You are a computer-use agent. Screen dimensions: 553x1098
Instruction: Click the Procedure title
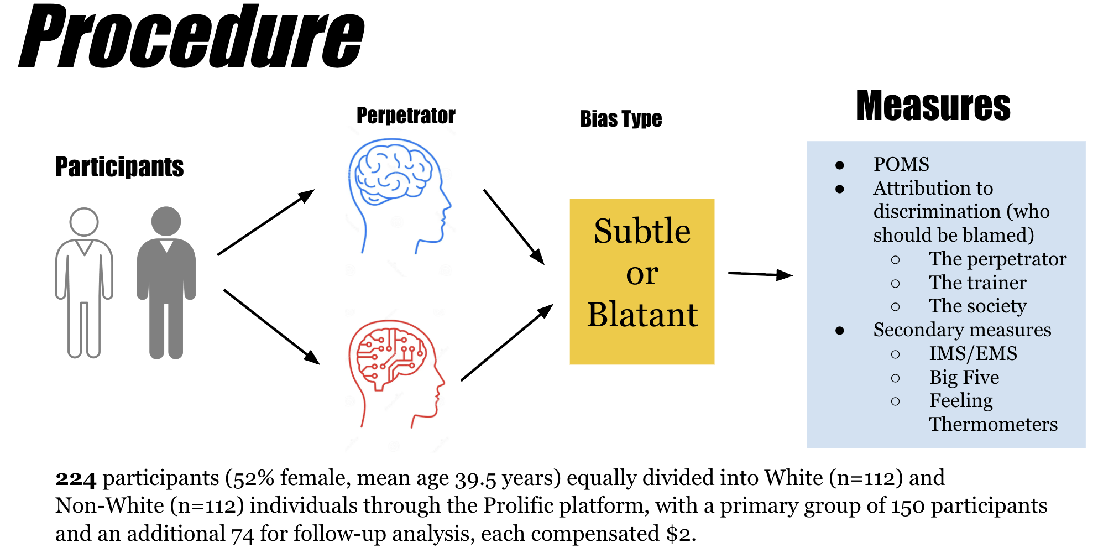pyautogui.click(x=192, y=37)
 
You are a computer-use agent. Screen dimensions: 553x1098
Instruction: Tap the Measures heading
pyautogui.click(x=933, y=106)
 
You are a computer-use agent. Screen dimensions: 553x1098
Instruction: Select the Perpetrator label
pyautogui.click(x=406, y=116)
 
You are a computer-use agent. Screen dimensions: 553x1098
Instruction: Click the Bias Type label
pyautogui.click(x=621, y=119)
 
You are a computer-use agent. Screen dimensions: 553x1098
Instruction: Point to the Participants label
pyautogui.click(x=119, y=167)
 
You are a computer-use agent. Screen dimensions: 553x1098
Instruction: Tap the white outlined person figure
pyautogui.click(x=84, y=282)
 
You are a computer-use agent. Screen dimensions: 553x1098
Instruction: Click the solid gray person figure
pyautogui.click(x=166, y=282)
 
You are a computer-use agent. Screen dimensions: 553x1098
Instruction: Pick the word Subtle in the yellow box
pyautogui.click(x=642, y=231)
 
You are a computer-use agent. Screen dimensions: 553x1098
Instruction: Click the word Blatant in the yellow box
pyautogui.click(x=642, y=315)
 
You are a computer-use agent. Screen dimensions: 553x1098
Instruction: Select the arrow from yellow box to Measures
pyautogui.click(x=760, y=274)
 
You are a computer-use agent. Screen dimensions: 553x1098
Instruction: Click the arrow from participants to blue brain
pyautogui.click(x=266, y=222)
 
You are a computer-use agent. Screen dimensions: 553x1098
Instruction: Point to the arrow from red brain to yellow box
pyautogui.click(x=507, y=342)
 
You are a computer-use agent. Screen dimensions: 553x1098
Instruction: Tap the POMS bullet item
pyautogui.click(x=901, y=164)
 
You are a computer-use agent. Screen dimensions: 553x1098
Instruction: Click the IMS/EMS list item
pyautogui.click(x=973, y=353)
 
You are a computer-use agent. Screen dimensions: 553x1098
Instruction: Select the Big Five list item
pyautogui.click(x=964, y=377)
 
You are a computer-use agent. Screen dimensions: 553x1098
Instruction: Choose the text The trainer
pyautogui.click(x=977, y=283)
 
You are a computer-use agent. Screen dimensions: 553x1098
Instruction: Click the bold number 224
pyautogui.click(x=76, y=478)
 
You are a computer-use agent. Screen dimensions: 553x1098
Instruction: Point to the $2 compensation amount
pyautogui.click(x=679, y=534)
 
